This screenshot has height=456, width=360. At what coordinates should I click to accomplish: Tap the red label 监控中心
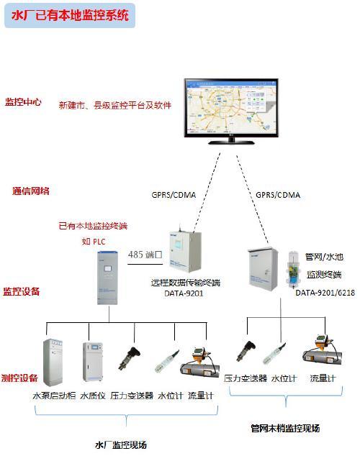(23, 102)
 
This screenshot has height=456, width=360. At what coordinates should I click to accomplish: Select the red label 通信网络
(31, 191)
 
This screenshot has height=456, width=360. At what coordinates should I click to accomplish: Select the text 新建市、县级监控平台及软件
(114, 105)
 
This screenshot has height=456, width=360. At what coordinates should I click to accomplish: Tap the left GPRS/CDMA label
(174, 195)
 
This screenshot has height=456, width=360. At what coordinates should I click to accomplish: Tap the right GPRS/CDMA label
(278, 195)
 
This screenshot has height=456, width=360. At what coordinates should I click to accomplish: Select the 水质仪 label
(93, 395)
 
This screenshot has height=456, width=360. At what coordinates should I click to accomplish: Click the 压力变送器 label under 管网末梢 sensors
(245, 378)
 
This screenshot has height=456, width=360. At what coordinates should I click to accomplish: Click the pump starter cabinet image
(55, 362)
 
